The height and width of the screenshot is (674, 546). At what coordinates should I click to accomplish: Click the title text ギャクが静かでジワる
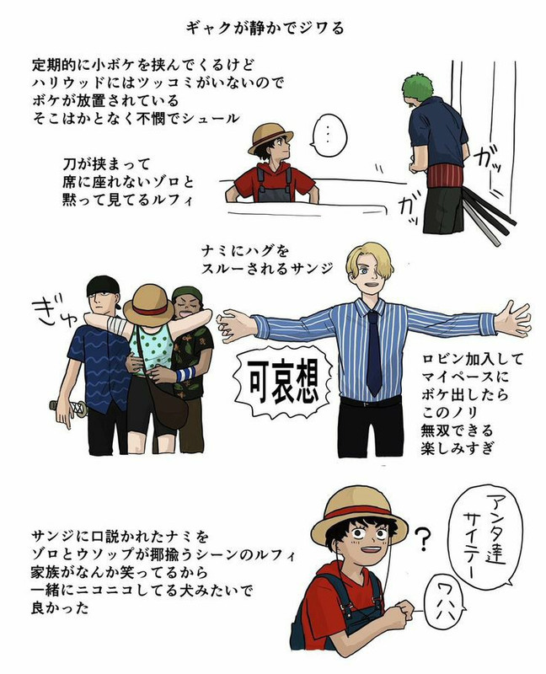coord(265,28)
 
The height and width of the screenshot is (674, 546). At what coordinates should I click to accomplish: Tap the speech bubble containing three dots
coord(328,135)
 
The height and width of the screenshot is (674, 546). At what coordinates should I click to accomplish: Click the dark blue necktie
coord(373,352)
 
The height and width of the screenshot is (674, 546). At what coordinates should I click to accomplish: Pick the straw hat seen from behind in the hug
coord(148,306)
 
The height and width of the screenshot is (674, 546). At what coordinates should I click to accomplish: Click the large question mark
coord(423,539)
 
